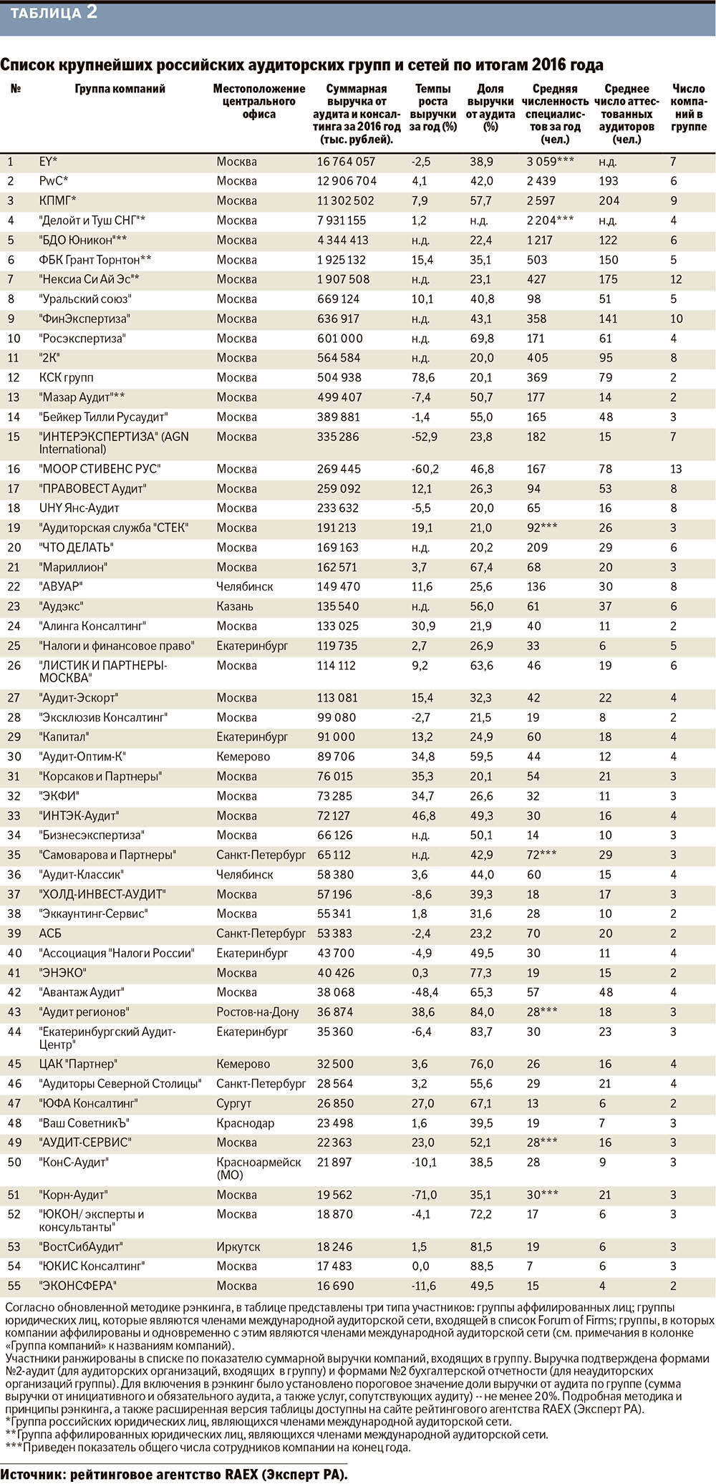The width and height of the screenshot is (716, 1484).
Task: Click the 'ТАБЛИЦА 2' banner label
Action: (54, 13)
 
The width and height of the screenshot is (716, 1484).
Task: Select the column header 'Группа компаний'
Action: (120, 89)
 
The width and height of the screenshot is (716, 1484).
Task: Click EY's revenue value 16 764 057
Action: (346, 162)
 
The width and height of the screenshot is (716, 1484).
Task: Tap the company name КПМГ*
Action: (58, 201)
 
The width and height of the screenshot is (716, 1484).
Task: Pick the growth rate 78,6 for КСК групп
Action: (424, 377)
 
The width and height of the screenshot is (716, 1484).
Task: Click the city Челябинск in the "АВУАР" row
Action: (245, 586)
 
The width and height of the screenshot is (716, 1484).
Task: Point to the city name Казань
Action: (235, 606)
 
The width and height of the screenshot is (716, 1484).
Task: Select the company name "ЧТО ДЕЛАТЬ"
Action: (77, 548)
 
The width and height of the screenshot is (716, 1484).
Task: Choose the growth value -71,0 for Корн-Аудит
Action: (425, 1195)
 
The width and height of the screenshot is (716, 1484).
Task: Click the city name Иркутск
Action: (238, 1246)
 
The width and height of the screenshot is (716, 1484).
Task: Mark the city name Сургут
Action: (234, 1103)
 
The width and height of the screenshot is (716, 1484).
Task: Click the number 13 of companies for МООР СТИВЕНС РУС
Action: (677, 469)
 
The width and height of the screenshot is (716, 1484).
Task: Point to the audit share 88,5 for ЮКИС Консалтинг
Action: (481, 1266)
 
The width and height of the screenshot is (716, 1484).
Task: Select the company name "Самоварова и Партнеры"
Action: (107, 855)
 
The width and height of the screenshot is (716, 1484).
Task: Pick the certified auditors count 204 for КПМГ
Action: (609, 201)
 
